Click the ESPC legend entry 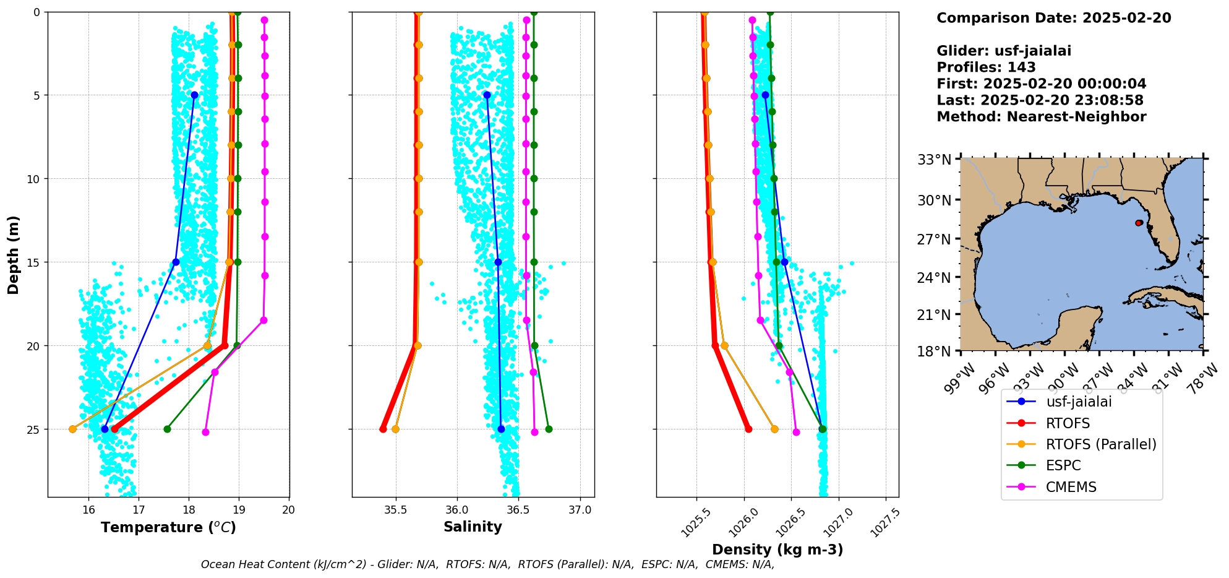point(1063,465)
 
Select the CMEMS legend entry point(1071,487)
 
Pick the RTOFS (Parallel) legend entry point(1100,444)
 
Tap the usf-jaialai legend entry point(1078,402)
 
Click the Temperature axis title point(168,527)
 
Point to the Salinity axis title point(473,527)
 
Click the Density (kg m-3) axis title point(777,550)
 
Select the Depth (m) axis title point(13,254)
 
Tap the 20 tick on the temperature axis point(288,510)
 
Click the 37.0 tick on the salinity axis point(580,510)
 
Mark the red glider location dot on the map point(1139,223)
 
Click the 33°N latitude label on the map point(934,160)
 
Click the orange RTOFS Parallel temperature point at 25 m point(72,429)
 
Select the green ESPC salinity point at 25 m point(549,429)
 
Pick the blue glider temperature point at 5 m point(194,95)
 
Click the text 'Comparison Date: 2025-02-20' point(1053,18)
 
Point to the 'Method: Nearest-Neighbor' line point(1041,117)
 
